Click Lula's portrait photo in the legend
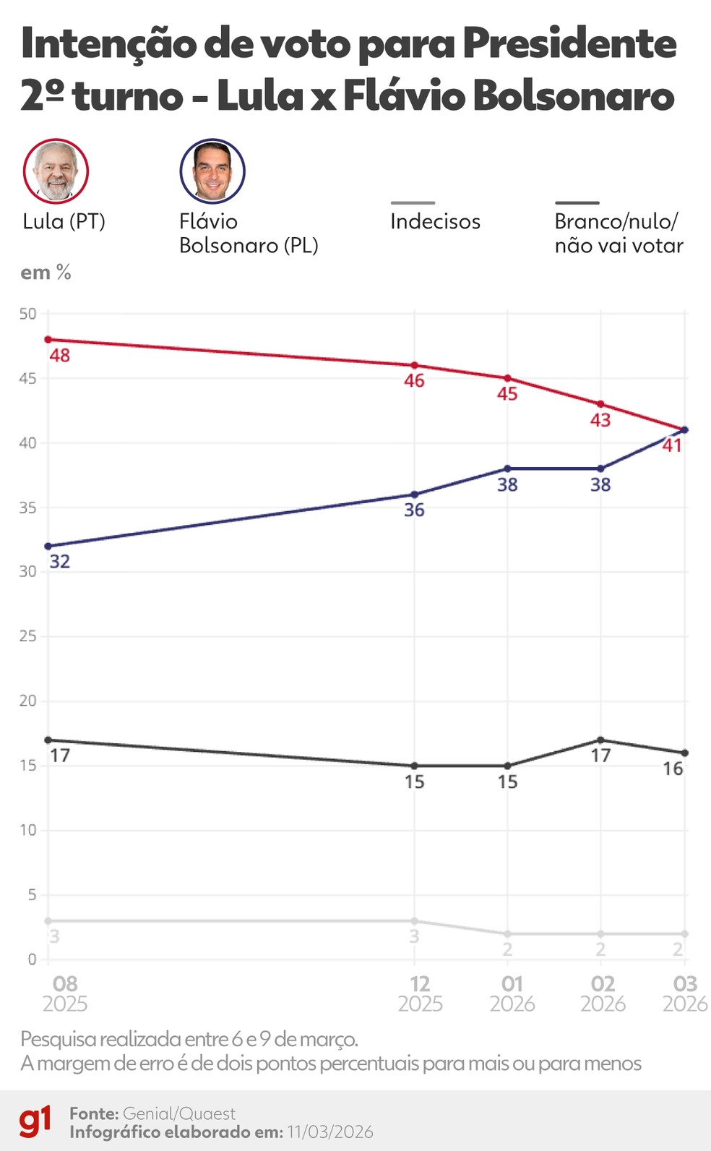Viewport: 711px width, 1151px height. tap(56, 171)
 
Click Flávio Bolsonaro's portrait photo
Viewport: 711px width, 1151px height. tap(212, 171)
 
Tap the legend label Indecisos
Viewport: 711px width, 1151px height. tap(435, 221)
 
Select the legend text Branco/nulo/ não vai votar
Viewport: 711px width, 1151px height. tap(619, 234)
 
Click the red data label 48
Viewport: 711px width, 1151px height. tap(59, 356)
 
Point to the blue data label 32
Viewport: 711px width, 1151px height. tap(59, 562)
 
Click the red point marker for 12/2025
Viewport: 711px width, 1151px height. tap(415, 365)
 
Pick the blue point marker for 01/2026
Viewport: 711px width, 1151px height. tap(507, 468)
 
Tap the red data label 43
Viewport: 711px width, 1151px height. tap(600, 420)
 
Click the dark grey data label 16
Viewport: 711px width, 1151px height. tap(673, 769)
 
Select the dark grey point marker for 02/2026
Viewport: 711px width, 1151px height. tap(600, 740)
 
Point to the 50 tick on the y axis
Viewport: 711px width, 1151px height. tap(27, 314)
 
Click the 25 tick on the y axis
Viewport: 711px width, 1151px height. tap(27, 636)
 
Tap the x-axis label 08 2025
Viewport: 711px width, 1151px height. tap(64, 993)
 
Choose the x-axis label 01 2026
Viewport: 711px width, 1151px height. tap(512, 993)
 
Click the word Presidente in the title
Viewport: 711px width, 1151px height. tap(569, 44)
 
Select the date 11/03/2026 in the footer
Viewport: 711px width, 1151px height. tap(330, 1132)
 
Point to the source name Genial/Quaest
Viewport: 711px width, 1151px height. tap(179, 1113)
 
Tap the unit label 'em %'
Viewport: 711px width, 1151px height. tap(46, 273)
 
